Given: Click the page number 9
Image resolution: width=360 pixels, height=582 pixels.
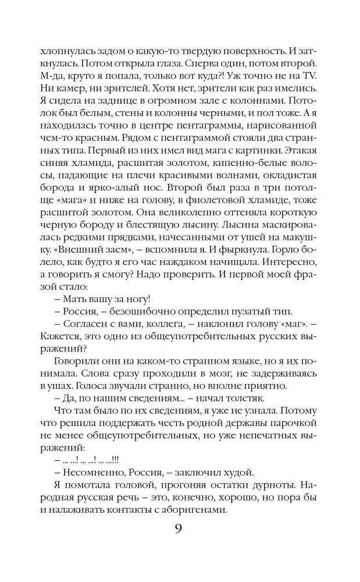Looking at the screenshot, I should [x=180, y=529].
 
